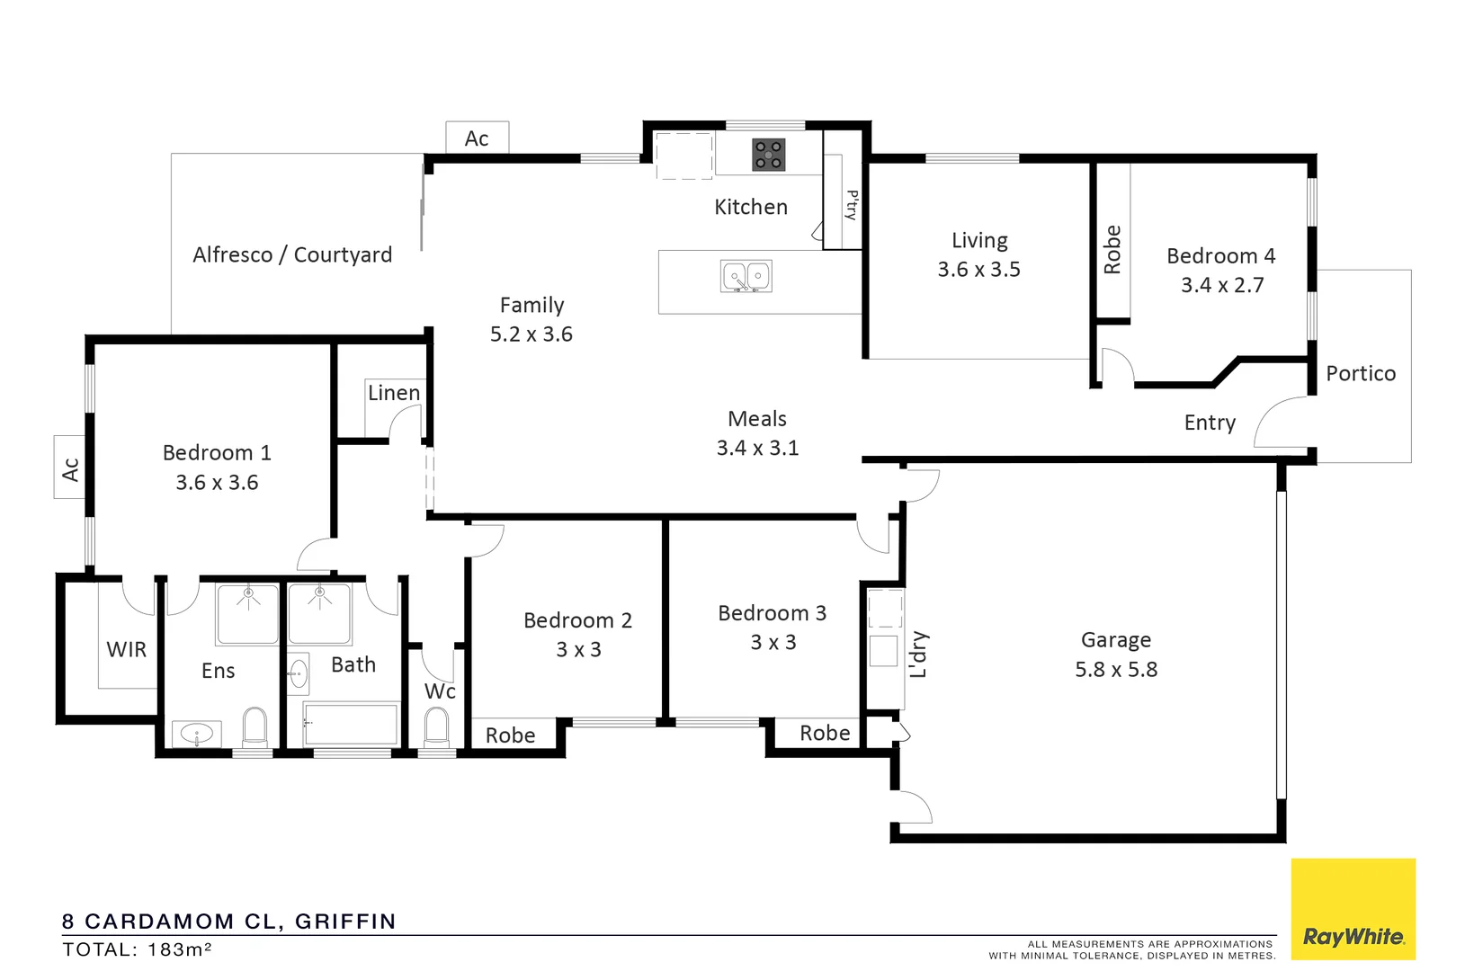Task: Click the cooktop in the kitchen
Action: (x=768, y=155)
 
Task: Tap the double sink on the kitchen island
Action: (x=746, y=276)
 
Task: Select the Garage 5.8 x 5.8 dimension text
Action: (x=1116, y=670)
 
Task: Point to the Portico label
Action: (x=1360, y=374)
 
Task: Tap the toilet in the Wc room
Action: (x=436, y=727)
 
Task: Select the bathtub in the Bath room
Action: (x=352, y=725)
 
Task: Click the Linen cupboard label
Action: (x=393, y=393)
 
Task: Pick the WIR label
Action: (x=126, y=650)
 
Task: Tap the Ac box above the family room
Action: (x=477, y=138)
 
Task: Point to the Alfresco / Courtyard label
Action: (x=292, y=255)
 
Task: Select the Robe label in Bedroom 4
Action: (x=1112, y=250)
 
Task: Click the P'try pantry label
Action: (x=851, y=206)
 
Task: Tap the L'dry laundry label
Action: (x=918, y=655)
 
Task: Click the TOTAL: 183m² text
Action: (x=137, y=950)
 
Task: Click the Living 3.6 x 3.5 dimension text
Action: (x=978, y=270)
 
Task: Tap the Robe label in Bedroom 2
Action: (x=510, y=735)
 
